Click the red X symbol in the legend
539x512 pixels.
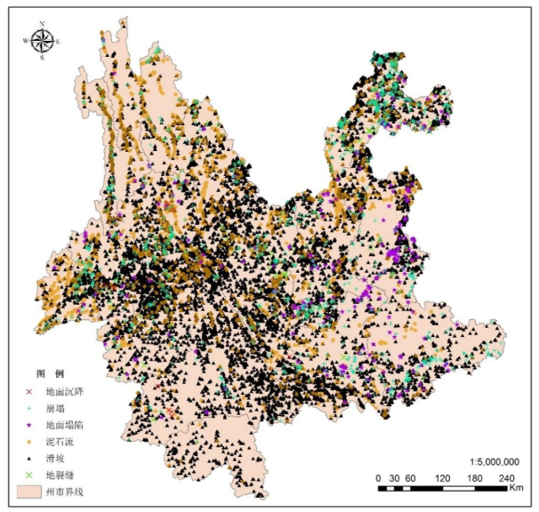28,391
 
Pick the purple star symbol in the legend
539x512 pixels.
28,425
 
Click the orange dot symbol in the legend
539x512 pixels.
28,442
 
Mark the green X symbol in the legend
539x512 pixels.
28,475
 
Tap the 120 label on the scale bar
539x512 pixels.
441,478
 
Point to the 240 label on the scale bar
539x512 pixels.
504,478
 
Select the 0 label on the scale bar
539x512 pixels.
378,478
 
